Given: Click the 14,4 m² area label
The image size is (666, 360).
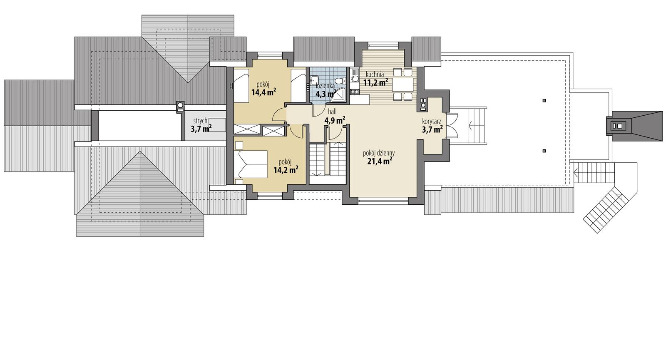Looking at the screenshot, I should [263, 92].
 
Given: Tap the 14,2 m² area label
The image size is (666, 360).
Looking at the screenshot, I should [286, 169].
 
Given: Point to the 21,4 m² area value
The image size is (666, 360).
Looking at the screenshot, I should [378, 161].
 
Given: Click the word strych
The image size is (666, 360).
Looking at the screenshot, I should [200, 121].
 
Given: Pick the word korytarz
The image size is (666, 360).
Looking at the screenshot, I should [432, 122].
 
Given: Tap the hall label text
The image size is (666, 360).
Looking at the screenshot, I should [332, 112].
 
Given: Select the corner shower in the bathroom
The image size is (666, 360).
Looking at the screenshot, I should [339, 95].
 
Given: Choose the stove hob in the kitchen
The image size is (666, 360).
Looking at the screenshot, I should [355, 91].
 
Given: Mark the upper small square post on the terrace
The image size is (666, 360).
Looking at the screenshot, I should [544, 100].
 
